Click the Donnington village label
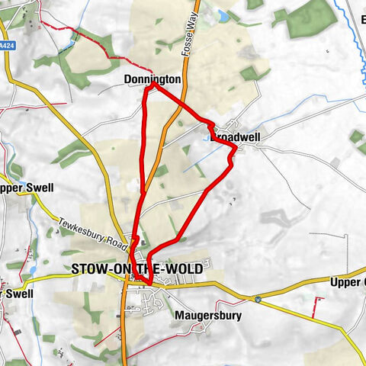(x=152, y=79)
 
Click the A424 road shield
(x=7, y=46)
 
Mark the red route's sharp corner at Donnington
(x=152, y=85)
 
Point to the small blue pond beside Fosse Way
(x=223, y=15)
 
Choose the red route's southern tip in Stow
(x=149, y=286)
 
